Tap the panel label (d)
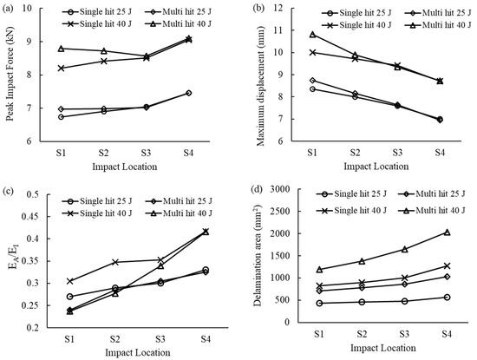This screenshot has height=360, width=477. pos(252,193)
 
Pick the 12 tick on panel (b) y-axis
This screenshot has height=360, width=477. pos(282,7)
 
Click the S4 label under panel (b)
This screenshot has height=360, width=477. pos(441,151)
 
